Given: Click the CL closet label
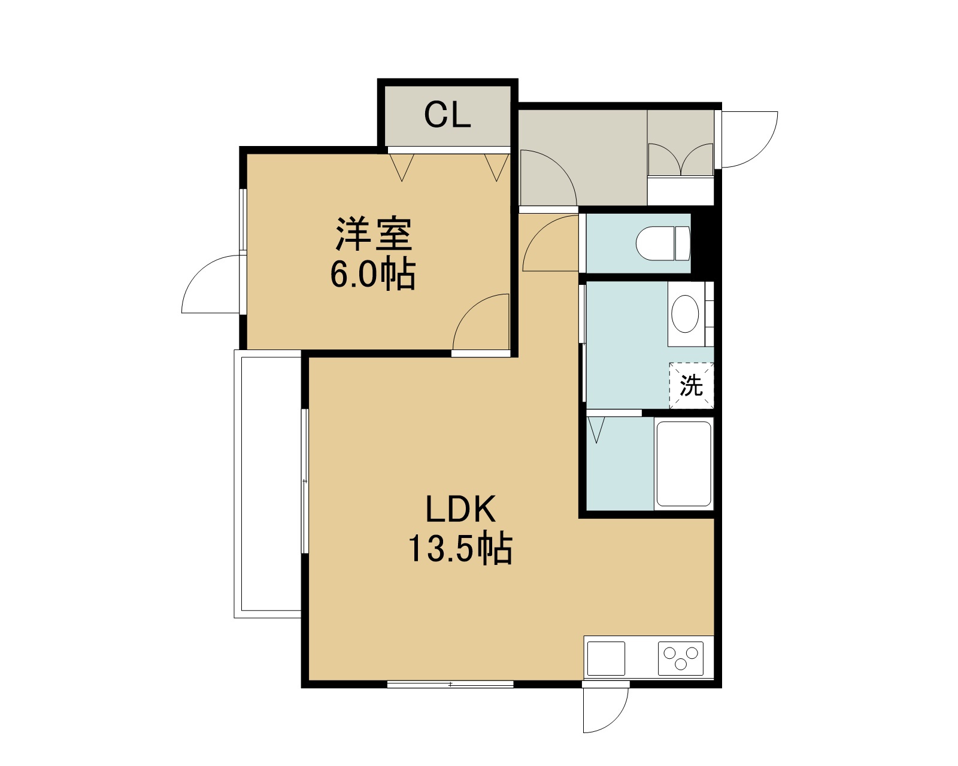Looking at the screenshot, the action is [447, 115].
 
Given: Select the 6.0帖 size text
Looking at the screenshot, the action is [372, 273].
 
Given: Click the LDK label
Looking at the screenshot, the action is [460, 509].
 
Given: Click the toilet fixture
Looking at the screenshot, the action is [663, 244].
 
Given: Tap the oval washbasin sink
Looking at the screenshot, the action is [684, 314].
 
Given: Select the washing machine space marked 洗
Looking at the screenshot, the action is [692, 385].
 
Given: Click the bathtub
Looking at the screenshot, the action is [684, 464].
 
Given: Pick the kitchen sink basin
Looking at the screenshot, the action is [606, 658].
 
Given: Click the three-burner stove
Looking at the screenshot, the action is [681, 658].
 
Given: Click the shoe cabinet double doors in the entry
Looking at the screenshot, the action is [681, 159].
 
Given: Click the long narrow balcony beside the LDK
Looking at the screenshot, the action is [268, 484].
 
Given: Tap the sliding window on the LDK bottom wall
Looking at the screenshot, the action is [450, 684].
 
